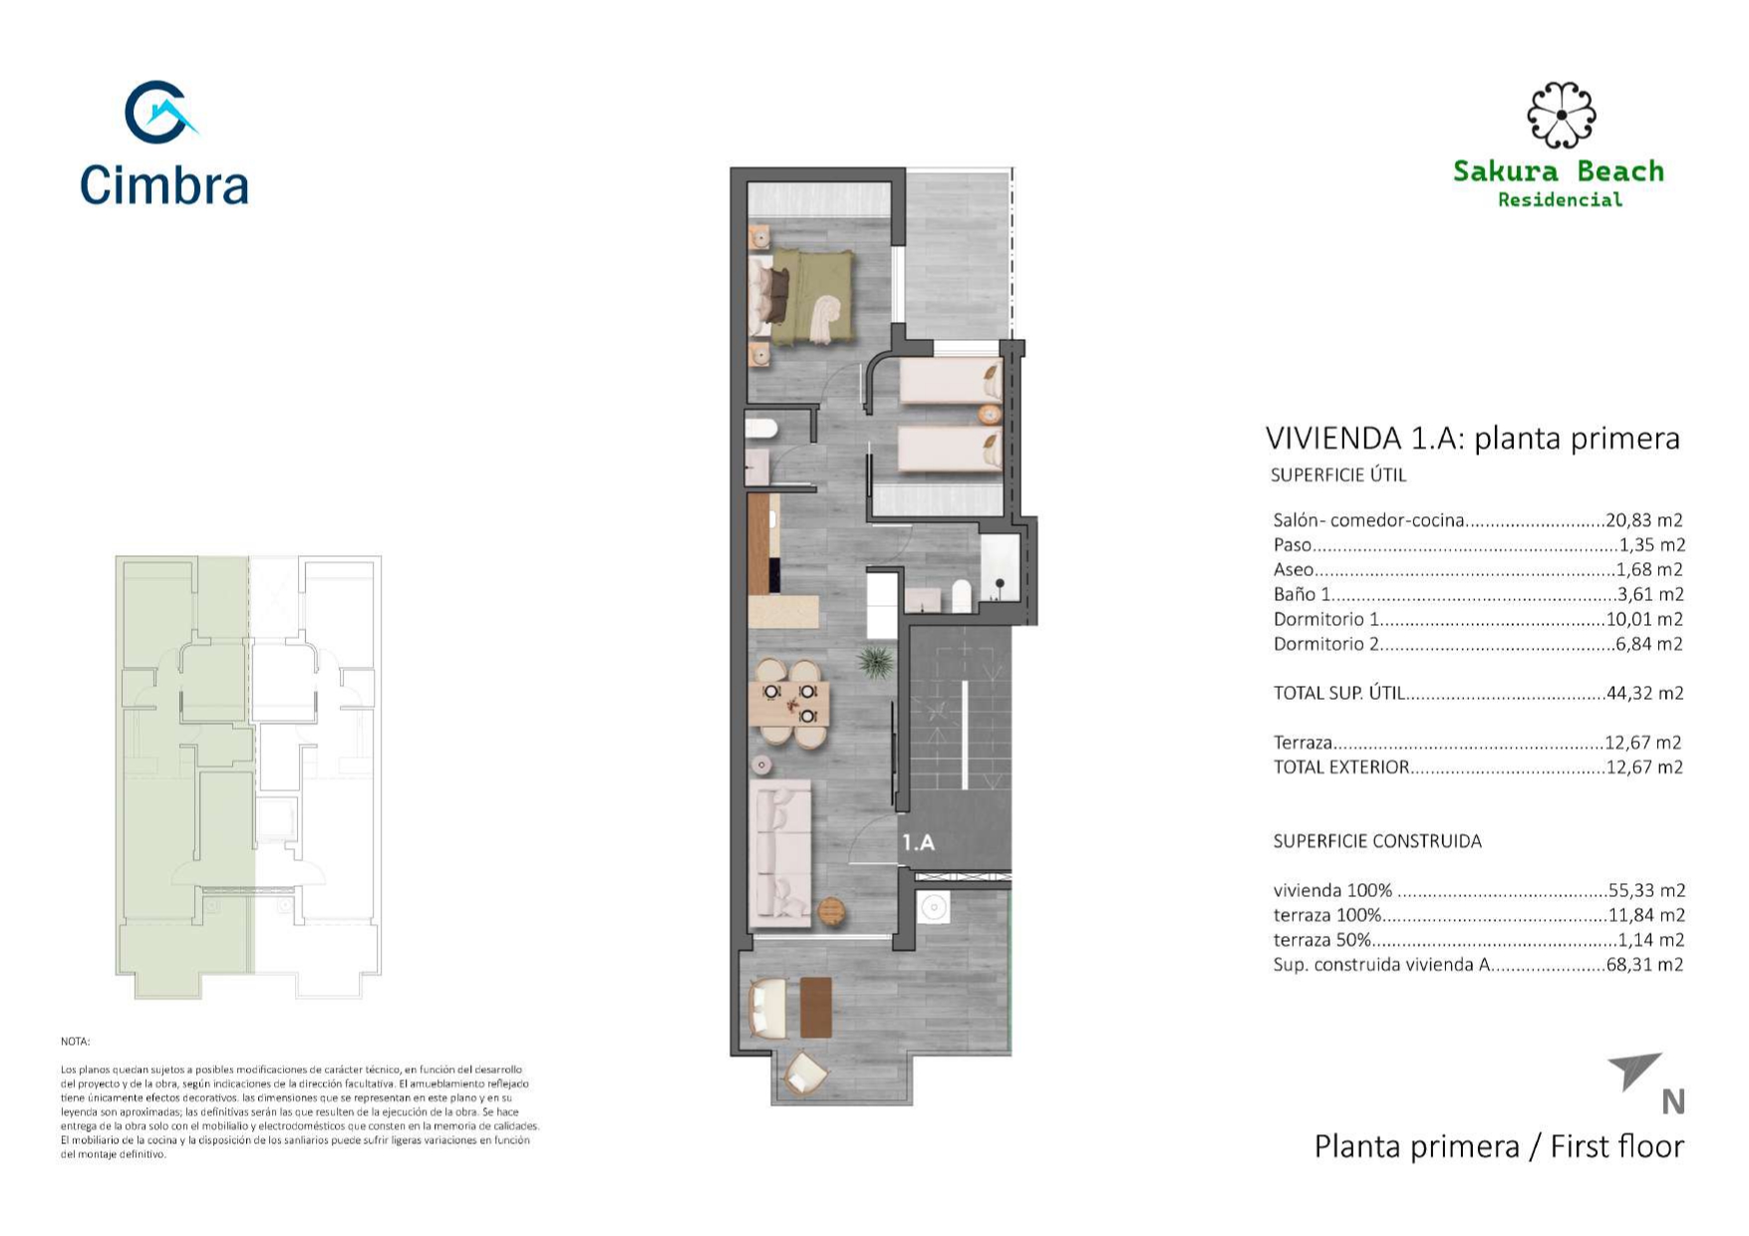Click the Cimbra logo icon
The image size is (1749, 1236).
[159, 112]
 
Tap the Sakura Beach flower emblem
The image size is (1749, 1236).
[1561, 115]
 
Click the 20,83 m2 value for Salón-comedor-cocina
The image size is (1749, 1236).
[1644, 520]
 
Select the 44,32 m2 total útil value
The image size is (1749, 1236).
[1645, 694]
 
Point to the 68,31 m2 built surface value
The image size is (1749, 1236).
[1645, 965]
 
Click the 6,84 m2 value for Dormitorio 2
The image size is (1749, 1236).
[1649, 644]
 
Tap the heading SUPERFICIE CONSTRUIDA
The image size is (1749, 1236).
[1377, 841]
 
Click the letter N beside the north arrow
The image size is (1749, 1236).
[1673, 1101]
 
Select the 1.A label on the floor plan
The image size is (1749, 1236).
[918, 842]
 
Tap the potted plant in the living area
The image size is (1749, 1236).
[875, 661]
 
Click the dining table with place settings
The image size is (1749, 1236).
[789, 703]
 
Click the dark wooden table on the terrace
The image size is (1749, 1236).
[816, 1007]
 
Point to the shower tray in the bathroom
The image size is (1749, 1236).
[999, 569]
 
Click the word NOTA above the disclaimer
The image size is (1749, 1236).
[75, 1042]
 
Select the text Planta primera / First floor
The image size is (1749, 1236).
[1499, 1146]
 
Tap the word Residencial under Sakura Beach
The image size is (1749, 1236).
[1560, 199]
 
